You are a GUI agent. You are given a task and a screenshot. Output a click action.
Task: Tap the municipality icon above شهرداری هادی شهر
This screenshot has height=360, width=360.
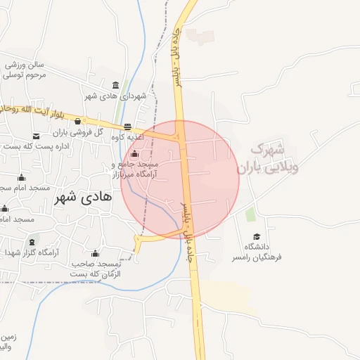point(115,86)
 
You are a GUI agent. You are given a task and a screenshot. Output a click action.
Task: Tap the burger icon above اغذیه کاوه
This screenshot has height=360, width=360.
point(127,127)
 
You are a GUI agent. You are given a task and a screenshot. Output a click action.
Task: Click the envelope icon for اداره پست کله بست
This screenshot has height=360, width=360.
point(36,136)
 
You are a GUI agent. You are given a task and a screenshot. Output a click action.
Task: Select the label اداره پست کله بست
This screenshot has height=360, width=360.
point(34,146)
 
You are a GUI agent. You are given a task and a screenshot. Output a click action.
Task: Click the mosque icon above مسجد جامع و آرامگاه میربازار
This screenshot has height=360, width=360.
point(135,154)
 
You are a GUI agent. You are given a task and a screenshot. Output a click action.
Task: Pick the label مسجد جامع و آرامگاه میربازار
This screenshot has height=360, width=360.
point(135,168)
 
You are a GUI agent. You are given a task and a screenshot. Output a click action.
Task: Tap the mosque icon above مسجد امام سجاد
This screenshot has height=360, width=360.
point(21,178)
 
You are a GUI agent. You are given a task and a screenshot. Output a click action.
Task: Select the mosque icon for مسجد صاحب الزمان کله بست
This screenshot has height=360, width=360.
point(96,254)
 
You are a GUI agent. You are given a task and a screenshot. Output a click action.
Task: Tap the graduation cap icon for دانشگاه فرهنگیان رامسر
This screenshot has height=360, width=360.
point(257,237)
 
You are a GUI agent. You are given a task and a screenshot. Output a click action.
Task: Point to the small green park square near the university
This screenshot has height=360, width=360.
point(251,214)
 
